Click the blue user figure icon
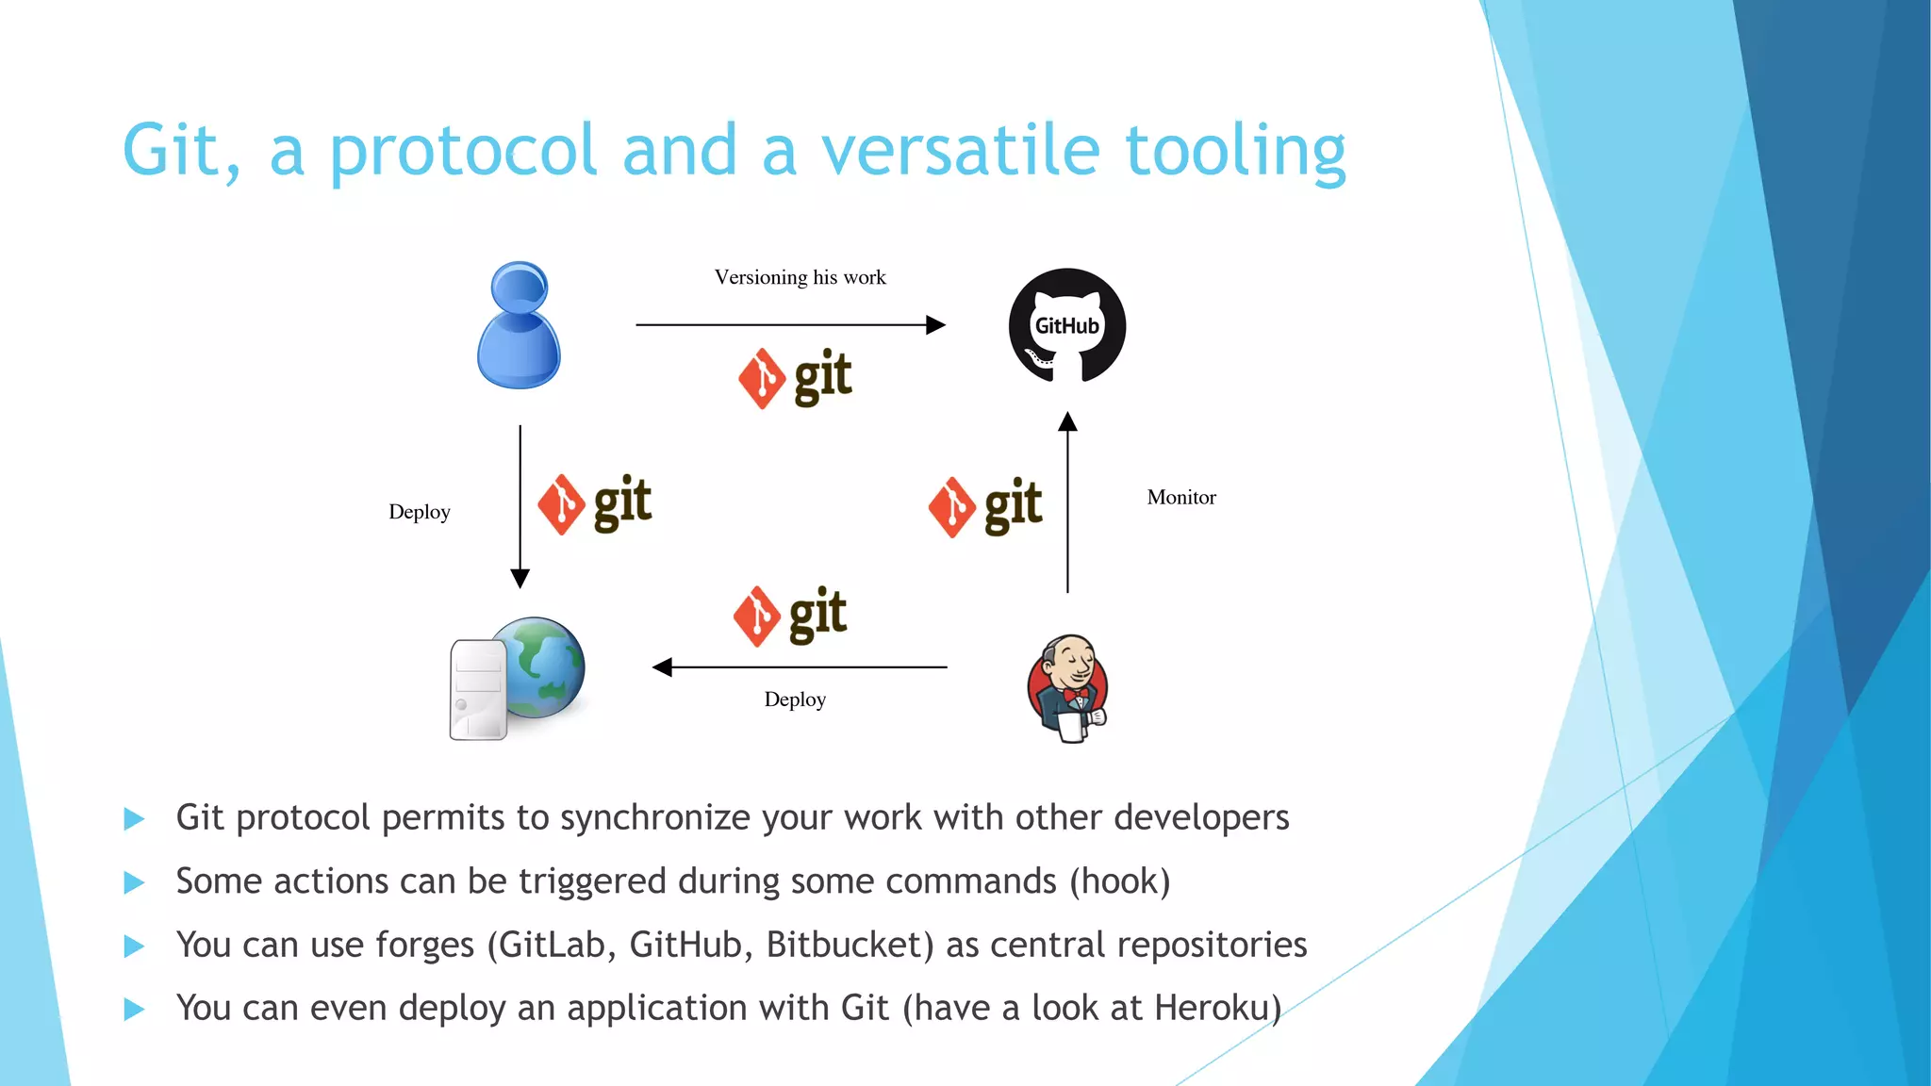coord(519,325)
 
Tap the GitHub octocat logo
coord(1067,325)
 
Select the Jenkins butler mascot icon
coord(1068,688)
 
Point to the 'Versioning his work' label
coord(800,277)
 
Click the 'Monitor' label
coord(1181,497)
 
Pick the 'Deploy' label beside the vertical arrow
coord(420,512)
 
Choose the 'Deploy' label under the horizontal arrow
coord(795,699)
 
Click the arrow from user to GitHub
coord(790,325)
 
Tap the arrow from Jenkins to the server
coord(800,667)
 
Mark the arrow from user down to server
coord(520,506)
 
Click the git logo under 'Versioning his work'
coord(795,378)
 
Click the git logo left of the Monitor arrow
coord(985,506)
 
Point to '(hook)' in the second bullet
coord(1119,881)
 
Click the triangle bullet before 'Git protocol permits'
coord(134,818)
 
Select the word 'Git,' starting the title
coord(182,151)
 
